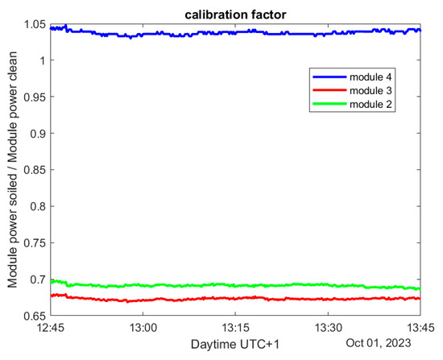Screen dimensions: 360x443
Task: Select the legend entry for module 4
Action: pyautogui.click(x=372, y=76)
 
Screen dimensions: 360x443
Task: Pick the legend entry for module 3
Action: pyautogui.click(x=372, y=90)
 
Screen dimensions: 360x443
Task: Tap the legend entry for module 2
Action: pyautogui.click(x=372, y=105)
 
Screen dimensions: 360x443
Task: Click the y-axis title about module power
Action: pyautogui.click(x=12, y=170)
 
